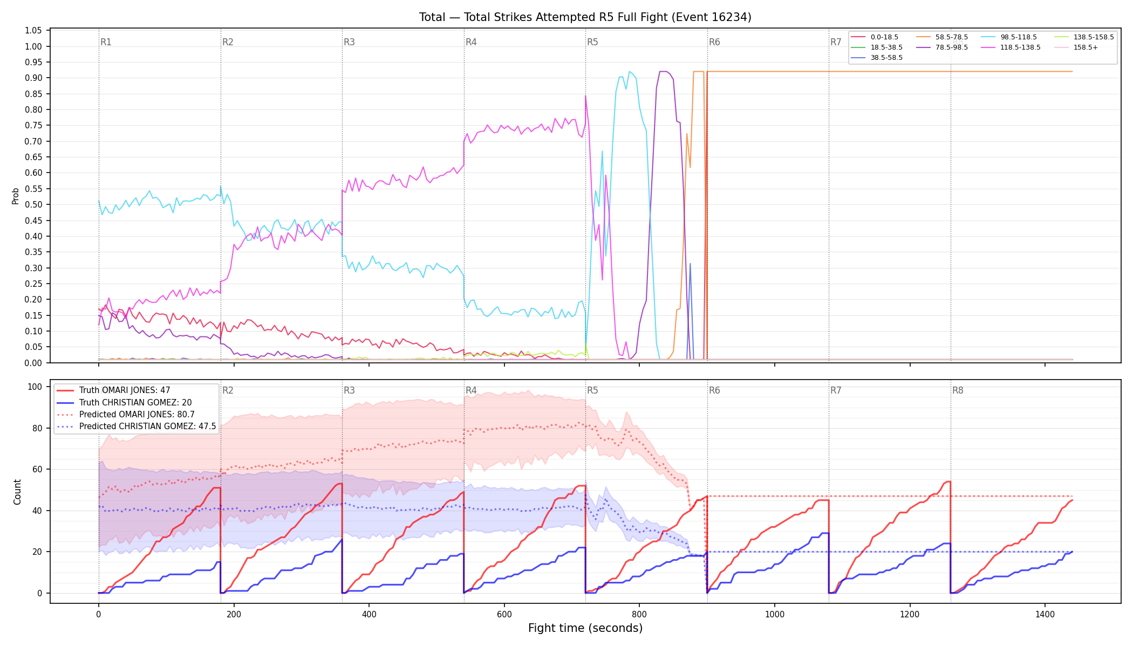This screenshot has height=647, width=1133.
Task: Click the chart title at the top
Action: point(585,17)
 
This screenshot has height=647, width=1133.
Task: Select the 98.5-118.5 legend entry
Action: point(1008,37)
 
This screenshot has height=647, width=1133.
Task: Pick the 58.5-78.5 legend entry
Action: point(941,37)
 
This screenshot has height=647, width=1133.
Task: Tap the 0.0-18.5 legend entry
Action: point(875,37)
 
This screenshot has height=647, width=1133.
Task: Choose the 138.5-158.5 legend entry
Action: point(1083,37)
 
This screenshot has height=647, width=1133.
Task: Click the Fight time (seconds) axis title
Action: point(585,628)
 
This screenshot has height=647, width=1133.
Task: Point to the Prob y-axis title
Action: point(16,196)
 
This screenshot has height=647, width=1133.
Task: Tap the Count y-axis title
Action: point(17,492)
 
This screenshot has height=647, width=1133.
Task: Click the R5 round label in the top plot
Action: point(592,42)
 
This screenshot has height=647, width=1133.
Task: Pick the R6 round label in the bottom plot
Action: point(714,390)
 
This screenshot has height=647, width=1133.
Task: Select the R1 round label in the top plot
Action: point(106,42)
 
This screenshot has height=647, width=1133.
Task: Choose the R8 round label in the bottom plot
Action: point(958,390)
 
